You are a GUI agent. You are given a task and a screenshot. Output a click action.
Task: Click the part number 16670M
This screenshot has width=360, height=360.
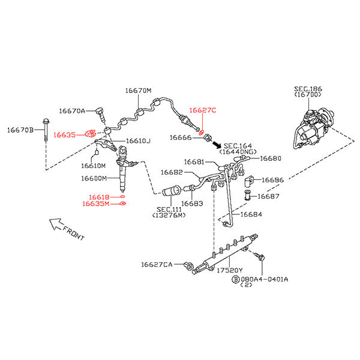(x=138, y=91)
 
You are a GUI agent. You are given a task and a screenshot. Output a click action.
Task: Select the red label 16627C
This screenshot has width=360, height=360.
(x=203, y=110)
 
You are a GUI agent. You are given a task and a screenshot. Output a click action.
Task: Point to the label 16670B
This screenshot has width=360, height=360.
(x=20, y=130)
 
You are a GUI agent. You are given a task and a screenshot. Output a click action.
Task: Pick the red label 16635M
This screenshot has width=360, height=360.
(x=95, y=204)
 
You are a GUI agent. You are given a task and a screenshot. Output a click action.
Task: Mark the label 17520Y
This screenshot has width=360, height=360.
(x=229, y=270)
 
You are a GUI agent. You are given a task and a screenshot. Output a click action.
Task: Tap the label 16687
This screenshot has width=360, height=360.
(x=268, y=196)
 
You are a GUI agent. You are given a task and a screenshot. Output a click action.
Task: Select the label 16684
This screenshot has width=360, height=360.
(x=251, y=214)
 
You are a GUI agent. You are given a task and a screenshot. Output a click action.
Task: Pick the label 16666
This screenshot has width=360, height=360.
(x=180, y=138)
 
